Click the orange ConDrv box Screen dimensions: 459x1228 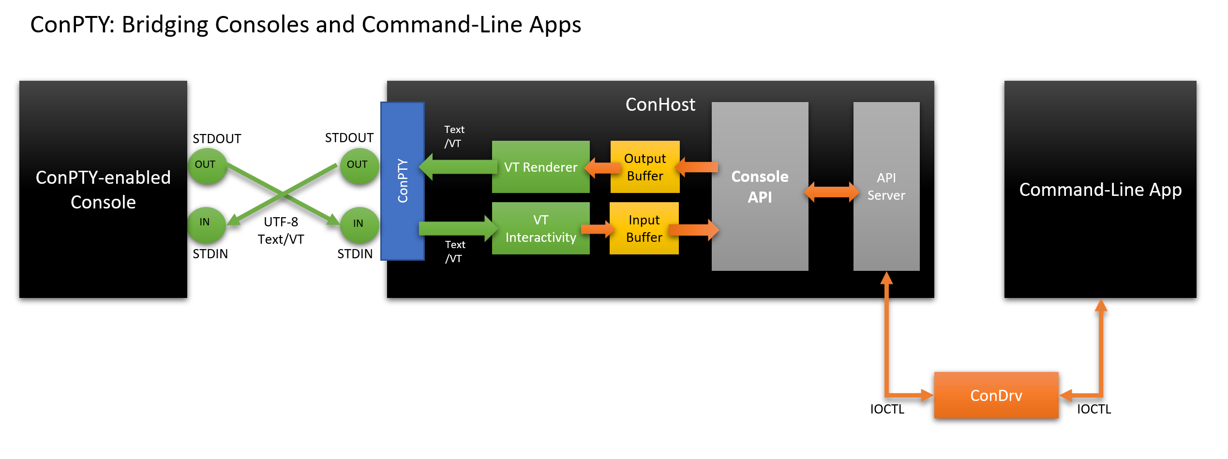point(996,395)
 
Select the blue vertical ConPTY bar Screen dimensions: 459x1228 point(403,181)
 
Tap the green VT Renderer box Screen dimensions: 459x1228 point(540,167)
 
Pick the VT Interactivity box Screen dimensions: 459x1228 point(540,228)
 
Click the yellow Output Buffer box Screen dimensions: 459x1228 point(645,167)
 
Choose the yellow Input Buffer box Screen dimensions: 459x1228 point(644,228)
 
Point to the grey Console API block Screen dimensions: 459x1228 point(760,186)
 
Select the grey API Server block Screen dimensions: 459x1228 point(886,186)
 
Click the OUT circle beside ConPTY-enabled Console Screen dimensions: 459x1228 point(207,166)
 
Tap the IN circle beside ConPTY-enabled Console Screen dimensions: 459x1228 point(206,223)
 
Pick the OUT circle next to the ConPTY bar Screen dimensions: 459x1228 point(359,166)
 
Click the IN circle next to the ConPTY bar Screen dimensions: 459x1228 point(359,224)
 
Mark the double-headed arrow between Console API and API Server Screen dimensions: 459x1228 point(831,192)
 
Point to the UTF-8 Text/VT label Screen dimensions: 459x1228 point(281,231)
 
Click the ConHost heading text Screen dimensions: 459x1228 point(660,104)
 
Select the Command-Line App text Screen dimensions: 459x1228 point(1100,190)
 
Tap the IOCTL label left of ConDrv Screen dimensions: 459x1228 point(886,409)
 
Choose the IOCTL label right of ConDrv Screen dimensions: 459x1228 point(1093,409)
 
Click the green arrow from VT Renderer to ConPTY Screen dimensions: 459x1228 point(457,167)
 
